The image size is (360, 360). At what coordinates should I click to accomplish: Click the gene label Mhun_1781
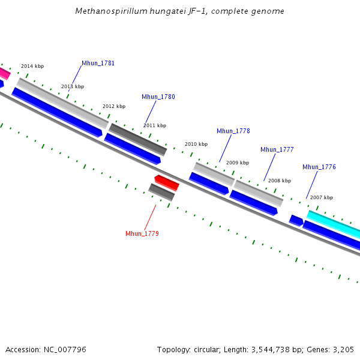click(x=98, y=64)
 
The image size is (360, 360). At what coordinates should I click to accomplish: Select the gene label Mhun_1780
click(x=158, y=97)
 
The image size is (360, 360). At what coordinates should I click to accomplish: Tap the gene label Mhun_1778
click(x=233, y=131)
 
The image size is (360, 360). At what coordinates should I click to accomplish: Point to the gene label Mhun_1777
click(x=277, y=149)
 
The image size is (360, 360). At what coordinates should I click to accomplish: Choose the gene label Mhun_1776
click(x=319, y=167)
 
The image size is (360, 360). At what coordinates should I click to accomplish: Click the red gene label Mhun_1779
click(x=142, y=233)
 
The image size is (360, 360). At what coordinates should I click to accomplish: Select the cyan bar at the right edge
click(x=334, y=223)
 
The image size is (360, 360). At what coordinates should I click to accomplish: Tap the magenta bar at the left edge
click(x=4, y=73)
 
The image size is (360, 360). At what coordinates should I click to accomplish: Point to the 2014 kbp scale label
click(x=32, y=67)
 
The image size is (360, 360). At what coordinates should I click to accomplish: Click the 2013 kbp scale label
click(x=73, y=86)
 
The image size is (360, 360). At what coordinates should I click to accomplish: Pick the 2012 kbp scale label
click(x=114, y=106)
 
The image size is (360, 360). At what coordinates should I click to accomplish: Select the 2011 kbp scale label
click(x=155, y=125)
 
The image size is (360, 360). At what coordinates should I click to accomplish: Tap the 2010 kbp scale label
click(x=196, y=145)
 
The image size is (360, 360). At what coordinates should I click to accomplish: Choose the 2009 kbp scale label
click(x=238, y=163)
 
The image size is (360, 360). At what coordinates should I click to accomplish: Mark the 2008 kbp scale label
click(x=280, y=181)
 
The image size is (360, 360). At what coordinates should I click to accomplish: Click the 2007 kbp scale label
click(x=322, y=197)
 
